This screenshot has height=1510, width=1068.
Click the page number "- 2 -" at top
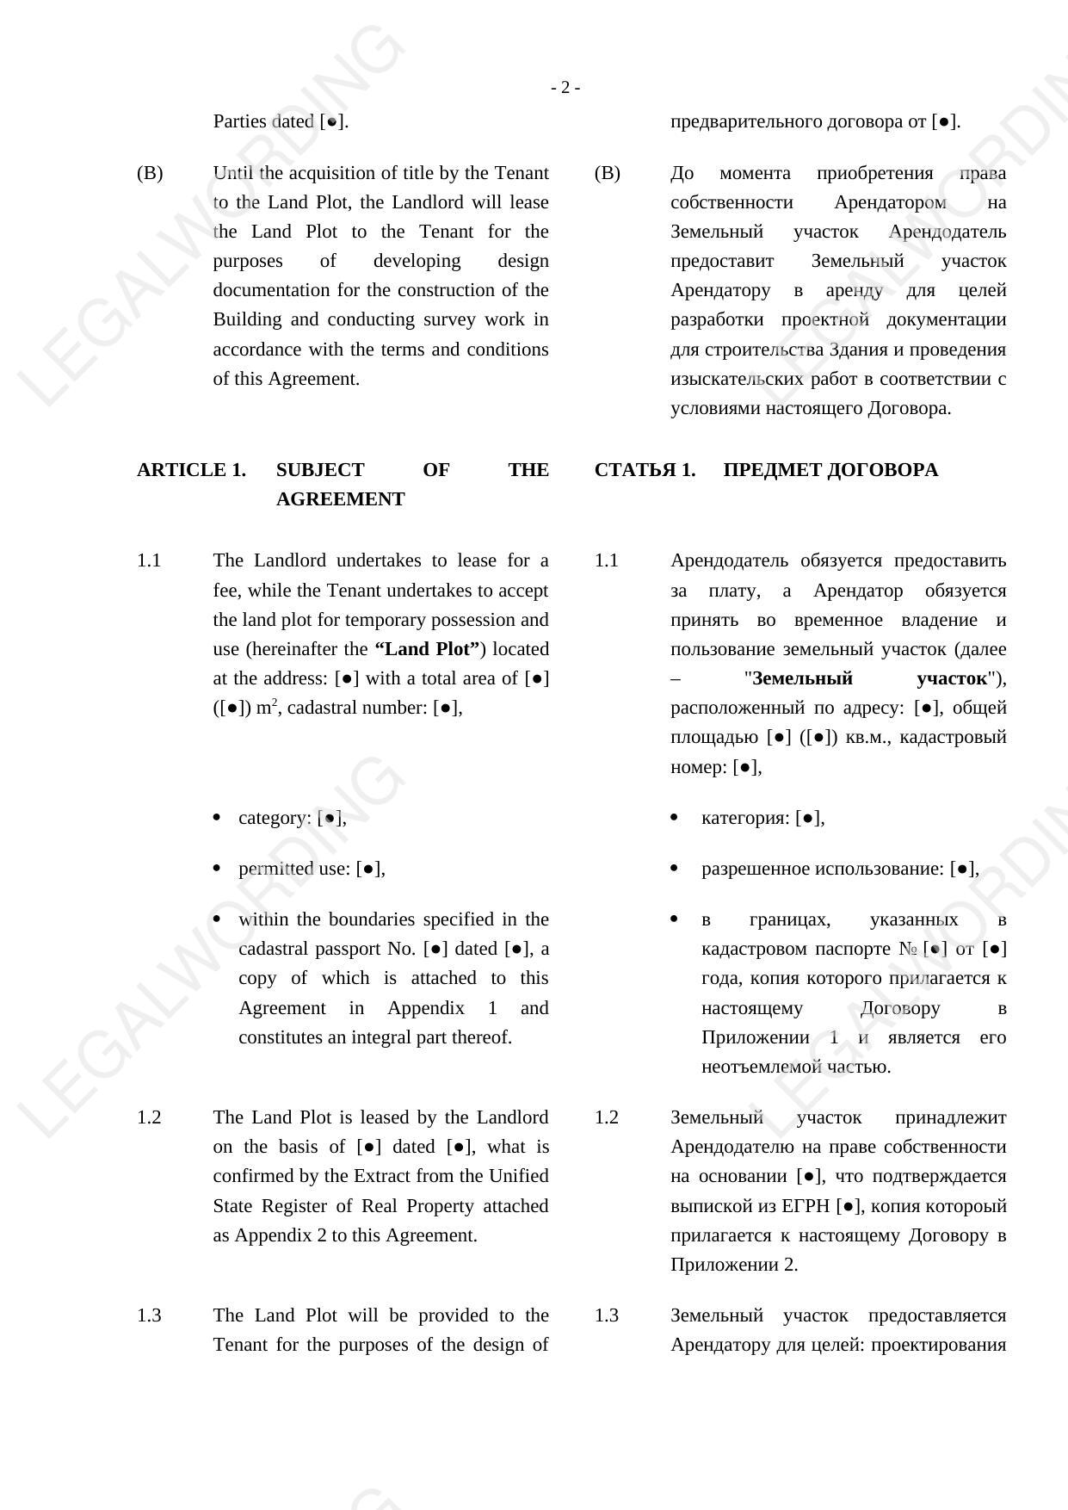click(x=565, y=88)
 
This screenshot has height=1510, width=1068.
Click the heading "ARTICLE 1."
click(x=191, y=470)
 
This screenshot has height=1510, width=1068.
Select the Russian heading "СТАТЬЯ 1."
click(x=645, y=470)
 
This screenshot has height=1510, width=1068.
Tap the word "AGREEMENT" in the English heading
click(x=340, y=499)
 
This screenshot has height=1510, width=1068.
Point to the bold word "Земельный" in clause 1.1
click(x=802, y=678)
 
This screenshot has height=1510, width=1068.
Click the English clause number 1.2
click(x=149, y=1117)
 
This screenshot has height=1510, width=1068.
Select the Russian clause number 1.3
click(x=606, y=1315)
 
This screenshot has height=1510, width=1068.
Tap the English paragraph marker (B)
click(x=150, y=173)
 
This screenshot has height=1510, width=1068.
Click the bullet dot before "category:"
click(x=216, y=818)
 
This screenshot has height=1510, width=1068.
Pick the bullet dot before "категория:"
click(x=674, y=818)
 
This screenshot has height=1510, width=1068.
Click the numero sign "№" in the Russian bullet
click(x=908, y=949)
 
